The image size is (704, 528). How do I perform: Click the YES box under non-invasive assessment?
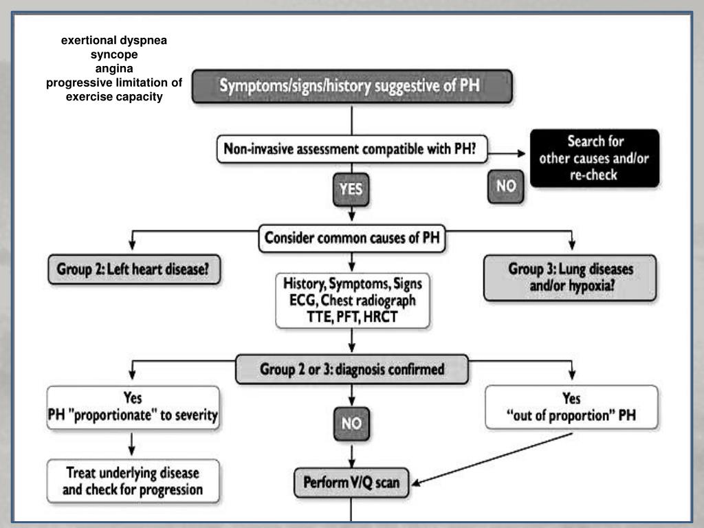[x=351, y=190]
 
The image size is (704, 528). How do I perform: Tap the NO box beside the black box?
[x=505, y=186]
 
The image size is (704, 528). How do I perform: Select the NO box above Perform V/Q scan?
[x=351, y=423]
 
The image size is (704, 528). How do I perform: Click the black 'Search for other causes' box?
[x=595, y=158]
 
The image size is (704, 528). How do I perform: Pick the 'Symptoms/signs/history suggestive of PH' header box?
[x=352, y=86]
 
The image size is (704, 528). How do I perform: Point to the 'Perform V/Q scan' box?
[x=351, y=483]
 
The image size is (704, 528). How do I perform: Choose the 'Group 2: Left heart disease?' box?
[x=134, y=269]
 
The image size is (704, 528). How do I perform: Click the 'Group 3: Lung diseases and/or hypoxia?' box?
[x=570, y=278]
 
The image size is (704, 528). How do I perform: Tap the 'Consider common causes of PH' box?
[x=352, y=238]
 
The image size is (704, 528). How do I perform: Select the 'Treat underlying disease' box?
[x=133, y=481]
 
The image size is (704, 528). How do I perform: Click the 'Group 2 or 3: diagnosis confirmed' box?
[x=352, y=369]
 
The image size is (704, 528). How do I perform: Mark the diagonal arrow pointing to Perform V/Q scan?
[x=492, y=459]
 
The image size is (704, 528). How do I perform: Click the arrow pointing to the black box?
[x=507, y=153]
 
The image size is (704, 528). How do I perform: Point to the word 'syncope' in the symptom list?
[x=114, y=54]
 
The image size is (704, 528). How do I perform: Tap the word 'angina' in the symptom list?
[x=114, y=68]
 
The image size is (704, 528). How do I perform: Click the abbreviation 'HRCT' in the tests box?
[x=380, y=317]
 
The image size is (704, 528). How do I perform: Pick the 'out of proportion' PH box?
[x=571, y=407]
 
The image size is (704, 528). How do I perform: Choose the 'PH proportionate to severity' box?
[x=133, y=407]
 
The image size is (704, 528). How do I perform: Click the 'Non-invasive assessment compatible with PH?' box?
[x=352, y=149]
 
